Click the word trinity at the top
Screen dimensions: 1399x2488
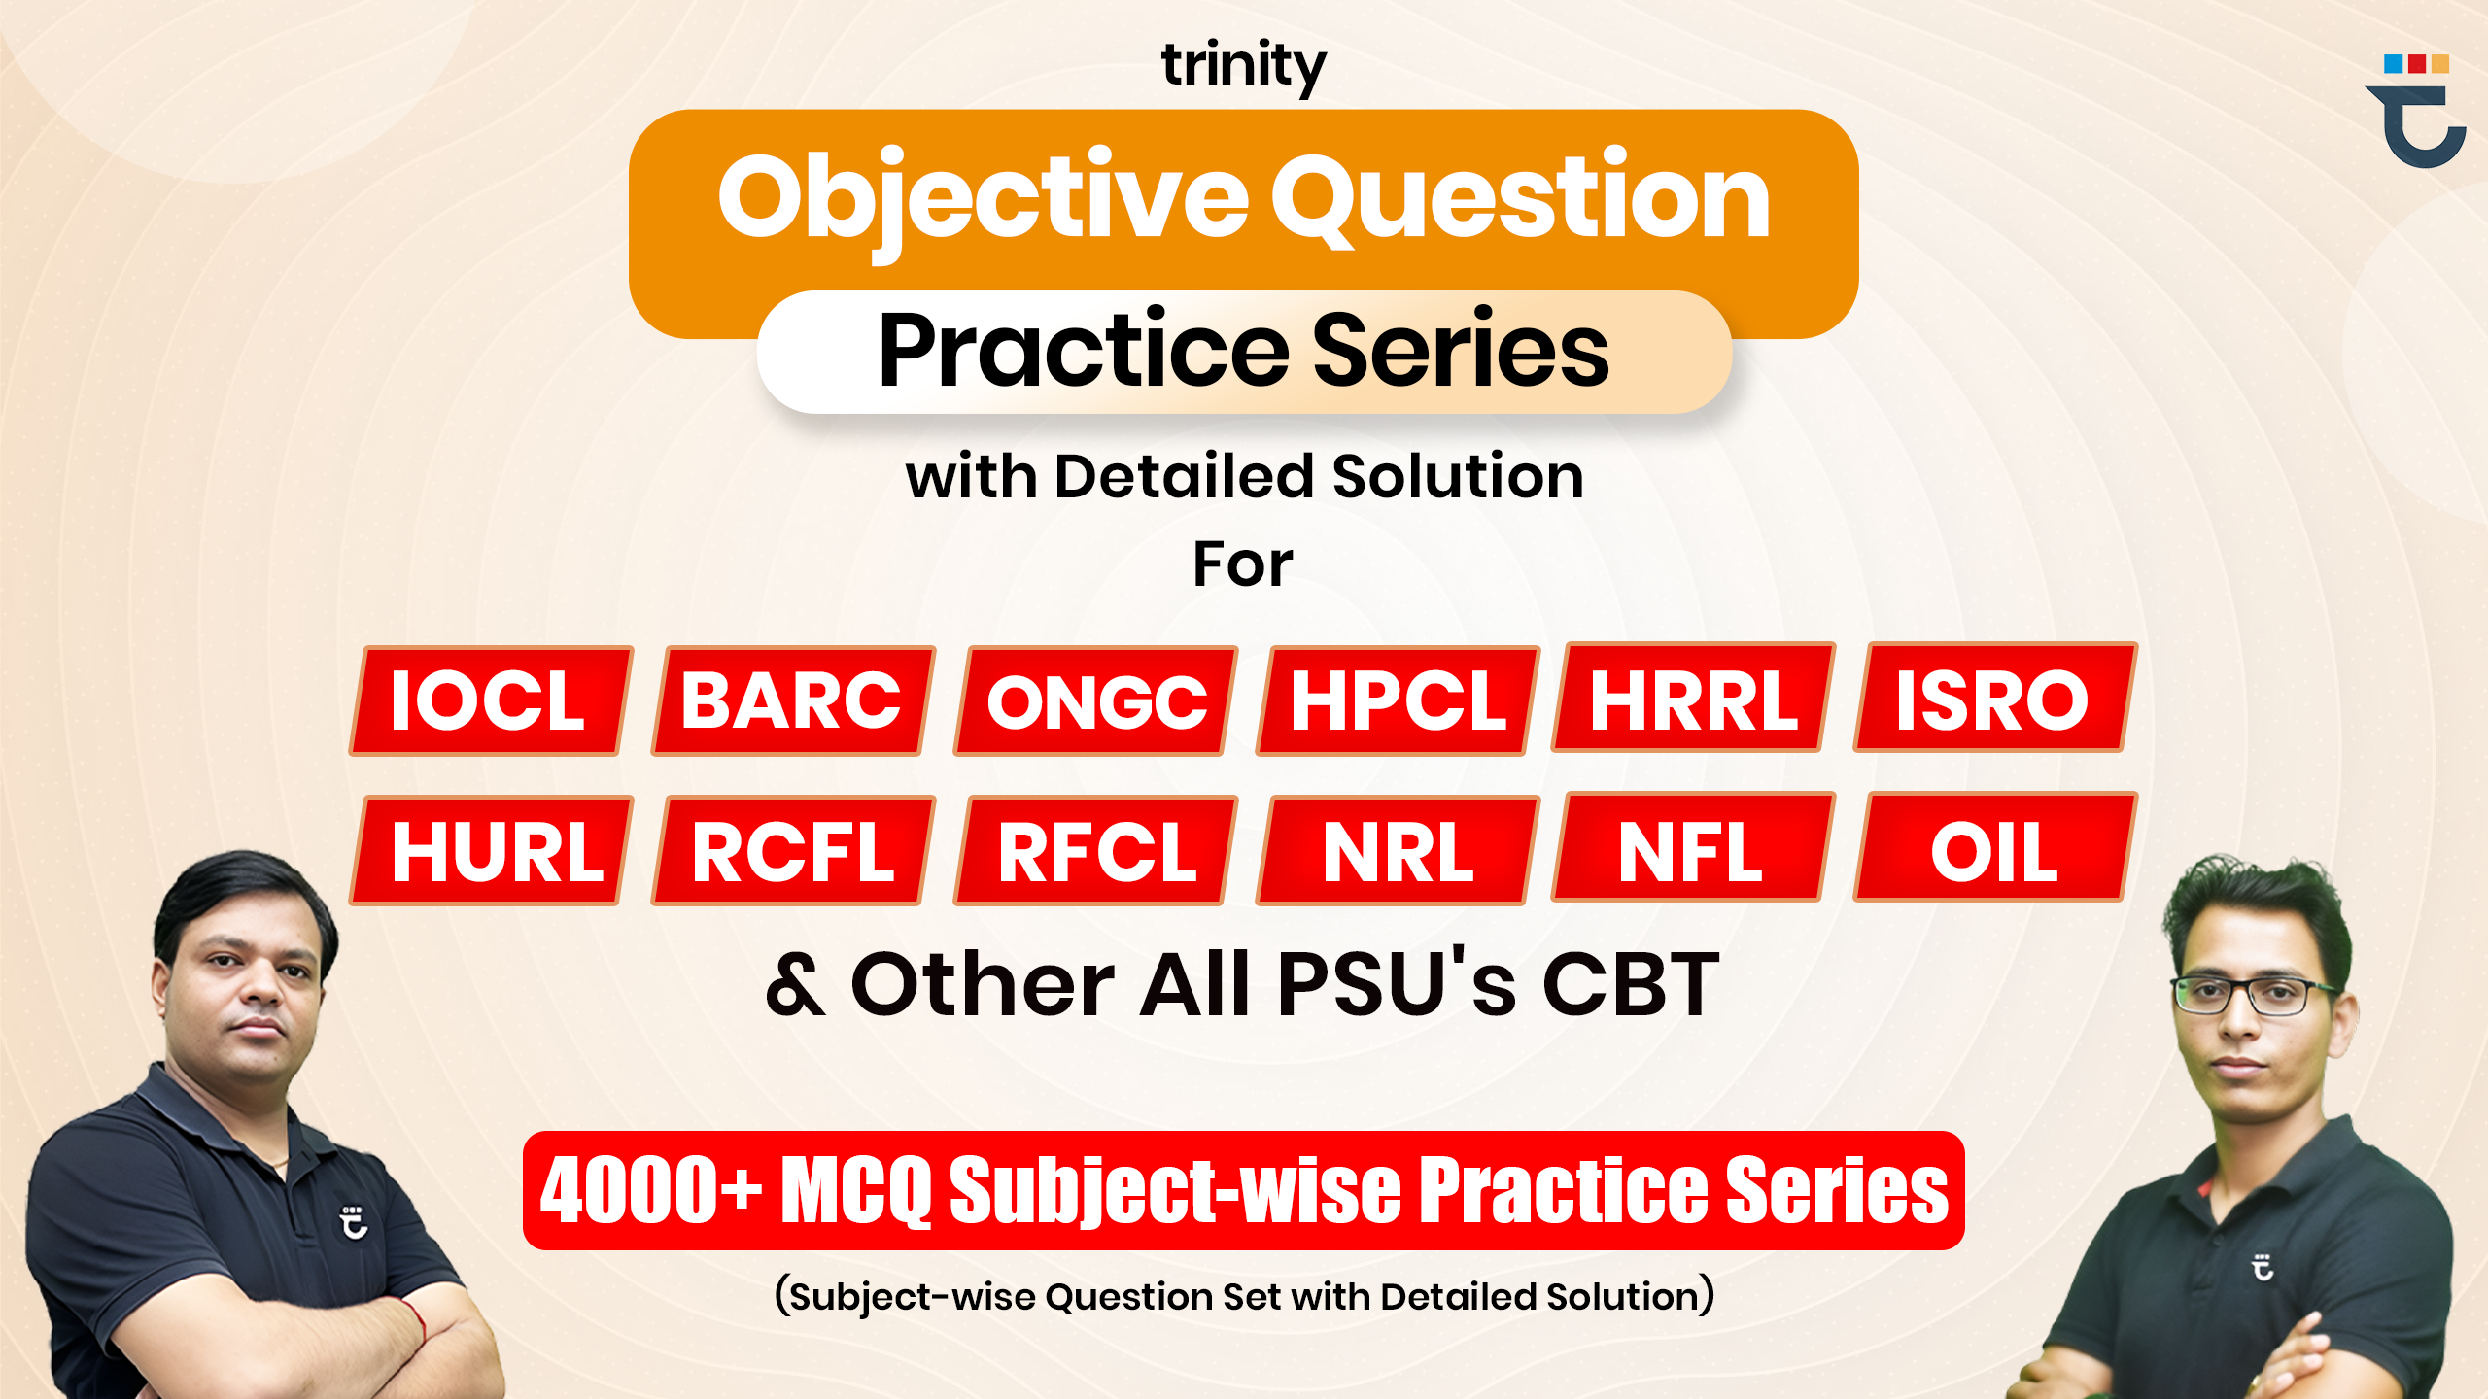pos(1243,66)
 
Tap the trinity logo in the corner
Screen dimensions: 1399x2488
pos(2416,112)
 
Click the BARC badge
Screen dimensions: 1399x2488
pos(792,700)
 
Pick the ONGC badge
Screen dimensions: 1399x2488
pos(1095,701)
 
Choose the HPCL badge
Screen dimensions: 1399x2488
pos(1398,700)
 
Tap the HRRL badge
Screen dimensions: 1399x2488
pos(1693,698)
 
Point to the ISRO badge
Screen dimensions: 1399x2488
pos(1993,698)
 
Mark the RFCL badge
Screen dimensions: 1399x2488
pos(1095,851)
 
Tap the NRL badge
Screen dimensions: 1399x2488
pos(1398,851)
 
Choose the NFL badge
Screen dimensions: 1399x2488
pos(1691,848)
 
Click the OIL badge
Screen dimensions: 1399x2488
pos(1993,848)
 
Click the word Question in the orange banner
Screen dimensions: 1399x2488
pos(1520,199)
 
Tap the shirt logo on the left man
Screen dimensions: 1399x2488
pos(354,1222)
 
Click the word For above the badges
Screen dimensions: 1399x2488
pos(1242,564)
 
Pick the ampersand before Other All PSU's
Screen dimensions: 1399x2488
pos(796,985)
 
